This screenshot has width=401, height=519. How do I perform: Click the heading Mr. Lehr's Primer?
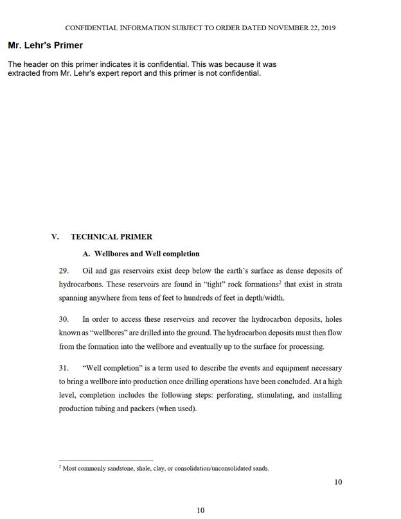[x=45, y=46]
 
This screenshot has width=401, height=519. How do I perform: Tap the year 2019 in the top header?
[x=328, y=28]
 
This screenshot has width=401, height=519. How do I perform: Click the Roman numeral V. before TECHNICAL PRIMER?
[x=55, y=236]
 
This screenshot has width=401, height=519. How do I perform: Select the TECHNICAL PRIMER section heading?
[x=111, y=236]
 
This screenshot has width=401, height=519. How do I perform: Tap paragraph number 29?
[x=64, y=270]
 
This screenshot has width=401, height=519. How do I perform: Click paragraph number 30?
[x=64, y=319]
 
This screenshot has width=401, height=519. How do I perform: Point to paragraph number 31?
[x=64, y=368]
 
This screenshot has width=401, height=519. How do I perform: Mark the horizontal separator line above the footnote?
[x=106, y=460]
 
